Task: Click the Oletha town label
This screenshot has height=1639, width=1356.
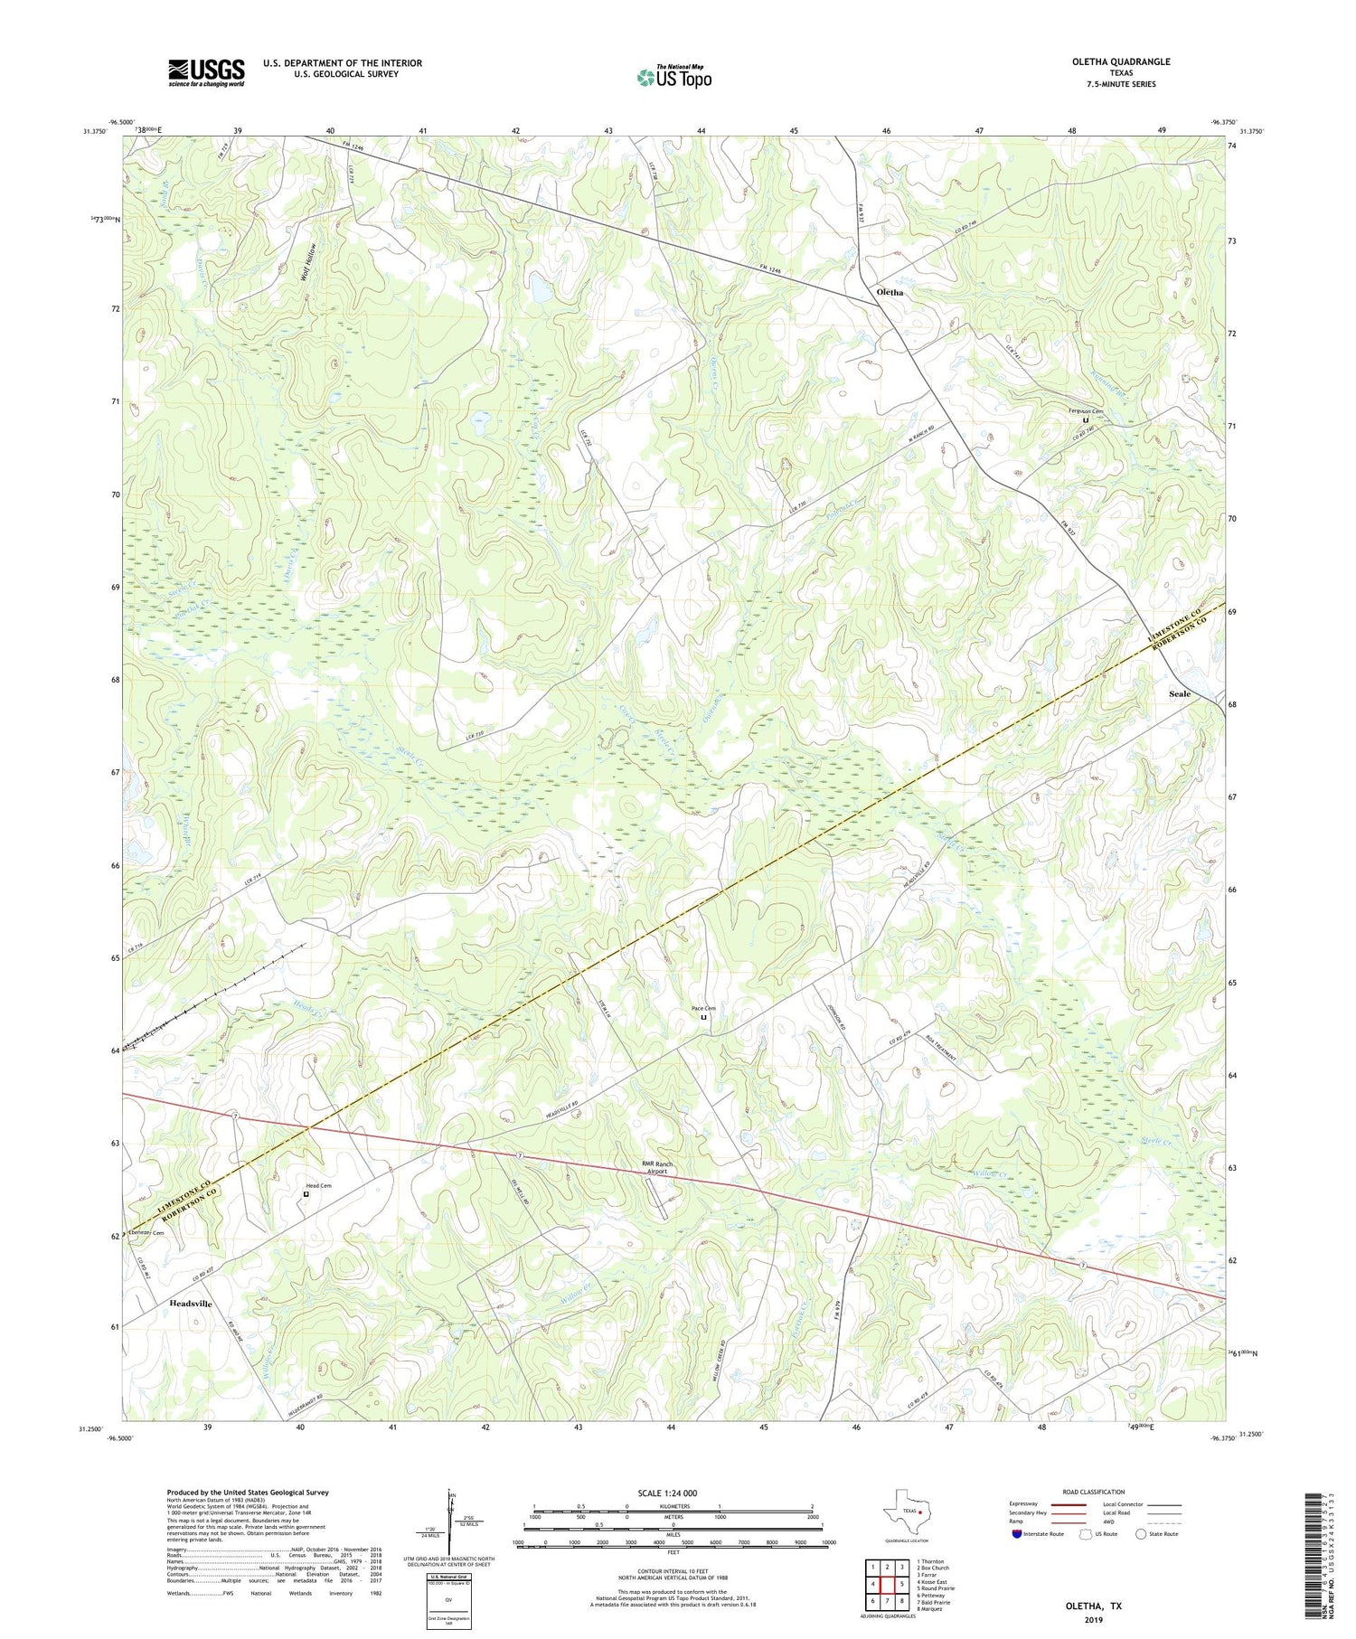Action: pos(890,293)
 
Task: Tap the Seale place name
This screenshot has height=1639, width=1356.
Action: pos(1179,693)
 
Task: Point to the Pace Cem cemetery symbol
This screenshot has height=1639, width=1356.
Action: pos(703,1017)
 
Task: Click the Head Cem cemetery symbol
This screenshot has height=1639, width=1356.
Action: pos(306,1194)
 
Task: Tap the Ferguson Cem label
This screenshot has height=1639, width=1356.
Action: pos(1084,411)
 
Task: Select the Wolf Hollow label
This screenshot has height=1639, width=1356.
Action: pos(310,263)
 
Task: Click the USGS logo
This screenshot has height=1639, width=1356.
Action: pos(206,72)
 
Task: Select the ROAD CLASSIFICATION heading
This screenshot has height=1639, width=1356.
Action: pos(1094,1492)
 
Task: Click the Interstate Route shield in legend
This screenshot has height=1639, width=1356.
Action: pos(1017,1534)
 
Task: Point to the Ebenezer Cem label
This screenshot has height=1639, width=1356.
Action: pos(146,1233)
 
